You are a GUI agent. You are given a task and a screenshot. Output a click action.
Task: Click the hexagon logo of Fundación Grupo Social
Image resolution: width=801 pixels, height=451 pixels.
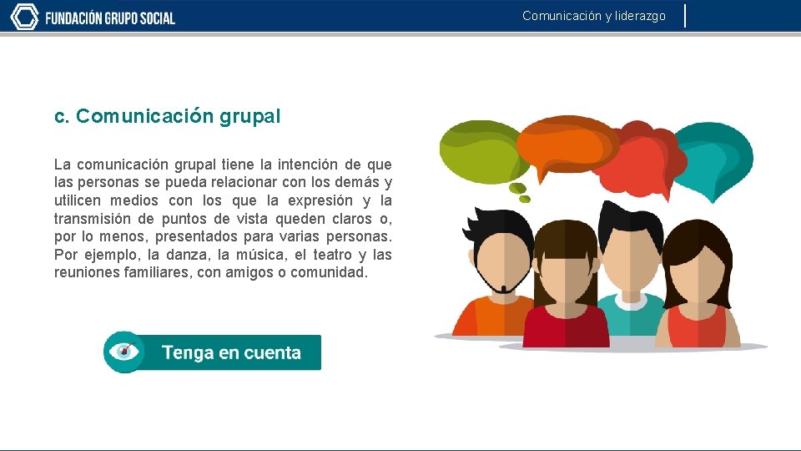coord(24,17)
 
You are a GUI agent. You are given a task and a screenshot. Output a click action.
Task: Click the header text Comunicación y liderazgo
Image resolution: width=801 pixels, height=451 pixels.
coord(594,16)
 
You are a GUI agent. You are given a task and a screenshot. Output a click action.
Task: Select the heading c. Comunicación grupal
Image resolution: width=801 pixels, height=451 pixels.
coord(167,117)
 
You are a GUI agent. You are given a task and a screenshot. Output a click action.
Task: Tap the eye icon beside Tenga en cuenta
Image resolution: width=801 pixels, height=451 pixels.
coord(125,352)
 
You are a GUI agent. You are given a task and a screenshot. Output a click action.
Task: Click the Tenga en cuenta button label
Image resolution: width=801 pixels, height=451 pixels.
coord(231,352)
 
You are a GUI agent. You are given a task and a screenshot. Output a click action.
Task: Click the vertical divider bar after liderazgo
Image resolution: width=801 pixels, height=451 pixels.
coord(685,16)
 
